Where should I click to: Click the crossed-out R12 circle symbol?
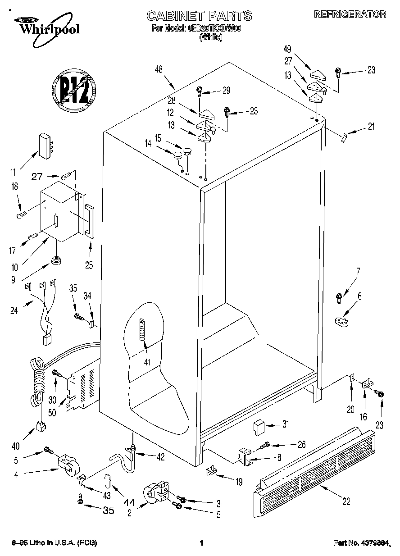pyautogui.click(x=73, y=89)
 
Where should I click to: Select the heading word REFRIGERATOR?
pyautogui.click(x=350, y=14)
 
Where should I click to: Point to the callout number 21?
pyautogui.click(x=370, y=127)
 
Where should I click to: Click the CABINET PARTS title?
pyautogui.click(x=199, y=16)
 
